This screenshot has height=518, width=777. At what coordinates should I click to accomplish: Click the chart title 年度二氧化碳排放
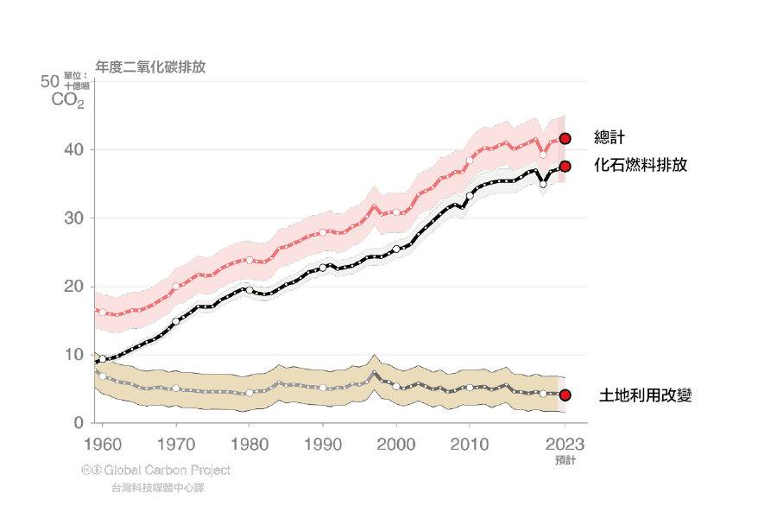[x=150, y=66]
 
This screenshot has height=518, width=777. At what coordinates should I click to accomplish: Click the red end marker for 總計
[x=565, y=138]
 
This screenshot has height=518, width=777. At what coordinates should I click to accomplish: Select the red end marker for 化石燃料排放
[x=565, y=166]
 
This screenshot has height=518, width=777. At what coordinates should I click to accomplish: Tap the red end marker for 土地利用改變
[x=565, y=395]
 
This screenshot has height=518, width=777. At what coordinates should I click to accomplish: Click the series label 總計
[x=610, y=138]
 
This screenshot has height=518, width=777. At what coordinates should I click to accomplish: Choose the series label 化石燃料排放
[x=641, y=165]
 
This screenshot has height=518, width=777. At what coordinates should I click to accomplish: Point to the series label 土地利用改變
[x=646, y=396]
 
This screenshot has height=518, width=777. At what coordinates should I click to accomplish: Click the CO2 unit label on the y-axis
[x=68, y=100]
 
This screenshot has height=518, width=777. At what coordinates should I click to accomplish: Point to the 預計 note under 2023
[x=565, y=460]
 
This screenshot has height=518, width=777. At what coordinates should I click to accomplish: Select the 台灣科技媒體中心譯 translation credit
[x=158, y=488]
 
